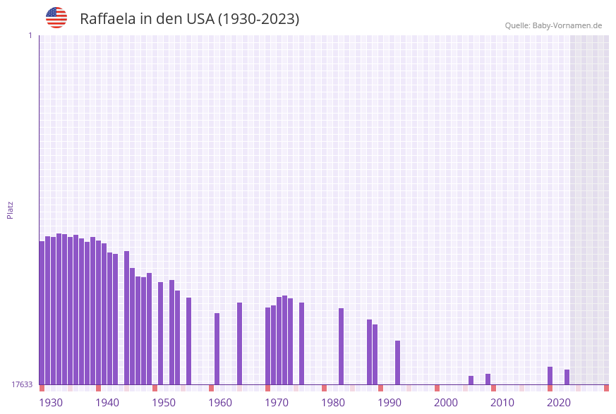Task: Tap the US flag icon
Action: pos(56,18)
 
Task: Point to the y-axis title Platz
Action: pos(11,209)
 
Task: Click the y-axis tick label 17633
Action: pos(22,384)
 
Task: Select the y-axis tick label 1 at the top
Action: pos(30,35)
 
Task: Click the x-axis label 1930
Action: pos(51,403)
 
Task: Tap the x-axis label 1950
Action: pos(164,403)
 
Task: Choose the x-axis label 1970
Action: pos(277,403)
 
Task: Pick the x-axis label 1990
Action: pos(389,403)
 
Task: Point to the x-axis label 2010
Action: pos(502,403)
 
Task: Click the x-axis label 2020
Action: pos(559,403)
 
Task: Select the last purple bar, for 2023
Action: pos(567,377)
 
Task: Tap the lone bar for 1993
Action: pos(397,363)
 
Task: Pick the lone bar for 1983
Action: pos(341,346)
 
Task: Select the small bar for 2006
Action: pos(471,380)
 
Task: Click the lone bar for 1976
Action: pos(301,343)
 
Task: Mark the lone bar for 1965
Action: pos(239,343)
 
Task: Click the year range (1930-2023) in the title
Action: pos(258,19)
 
